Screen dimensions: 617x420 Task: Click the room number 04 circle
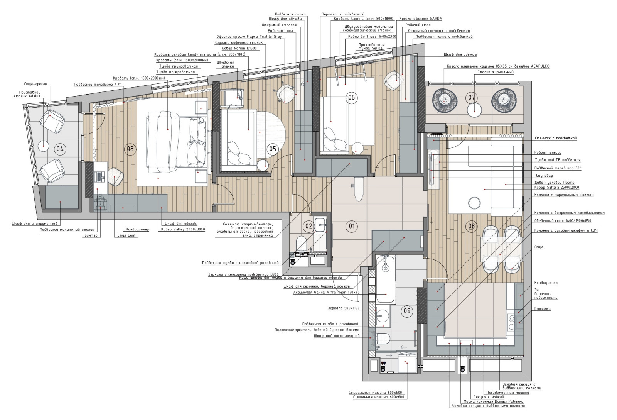[x=60, y=149]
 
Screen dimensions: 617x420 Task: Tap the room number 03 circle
[x=130, y=149]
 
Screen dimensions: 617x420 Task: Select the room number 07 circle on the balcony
[x=472, y=97]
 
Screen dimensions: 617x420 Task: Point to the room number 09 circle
[x=407, y=311]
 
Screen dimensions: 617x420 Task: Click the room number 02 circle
[x=309, y=227]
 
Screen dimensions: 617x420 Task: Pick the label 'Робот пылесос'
[x=548, y=152]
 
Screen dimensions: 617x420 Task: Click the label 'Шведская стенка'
[x=226, y=64]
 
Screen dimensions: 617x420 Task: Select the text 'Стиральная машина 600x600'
[x=375, y=393]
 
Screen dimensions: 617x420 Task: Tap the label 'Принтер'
[x=90, y=235]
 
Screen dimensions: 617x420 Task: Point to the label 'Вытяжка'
[x=543, y=308]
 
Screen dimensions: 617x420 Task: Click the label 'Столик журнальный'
[x=495, y=72]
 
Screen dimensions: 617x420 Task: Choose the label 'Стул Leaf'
[x=126, y=235]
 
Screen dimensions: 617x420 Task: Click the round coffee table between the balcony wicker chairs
[x=475, y=110]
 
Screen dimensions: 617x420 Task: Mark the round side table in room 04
[x=44, y=146]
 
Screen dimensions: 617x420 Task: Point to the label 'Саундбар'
[x=544, y=176]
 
